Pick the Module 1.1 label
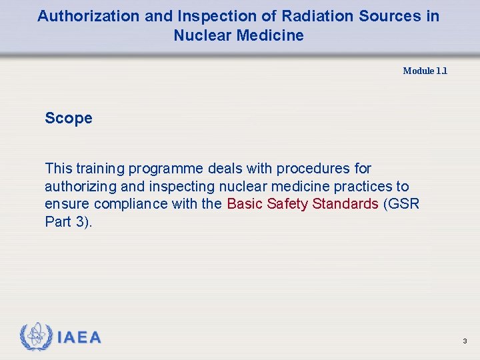(425, 71)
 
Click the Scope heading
(69, 119)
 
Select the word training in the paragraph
(99, 169)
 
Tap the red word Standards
(347, 204)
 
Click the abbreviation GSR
(405, 204)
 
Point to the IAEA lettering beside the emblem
(79, 338)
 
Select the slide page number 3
(465, 341)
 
